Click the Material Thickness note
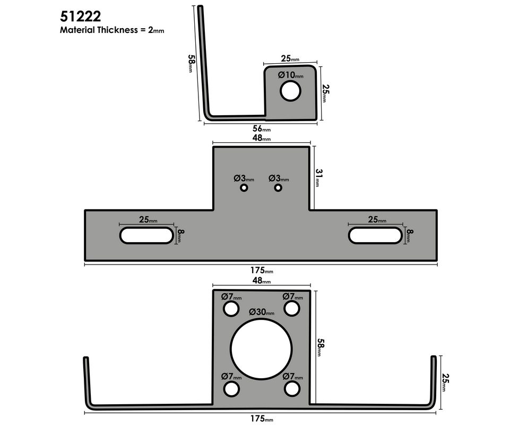(x=112, y=30)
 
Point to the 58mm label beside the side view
(x=191, y=64)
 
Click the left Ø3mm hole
(x=244, y=188)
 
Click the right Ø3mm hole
(x=278, y=188)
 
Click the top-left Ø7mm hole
(x=231, y=308)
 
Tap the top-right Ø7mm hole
(x=291, y=308)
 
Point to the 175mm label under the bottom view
(x=261, y=419)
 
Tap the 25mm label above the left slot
(x=148, y=219)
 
